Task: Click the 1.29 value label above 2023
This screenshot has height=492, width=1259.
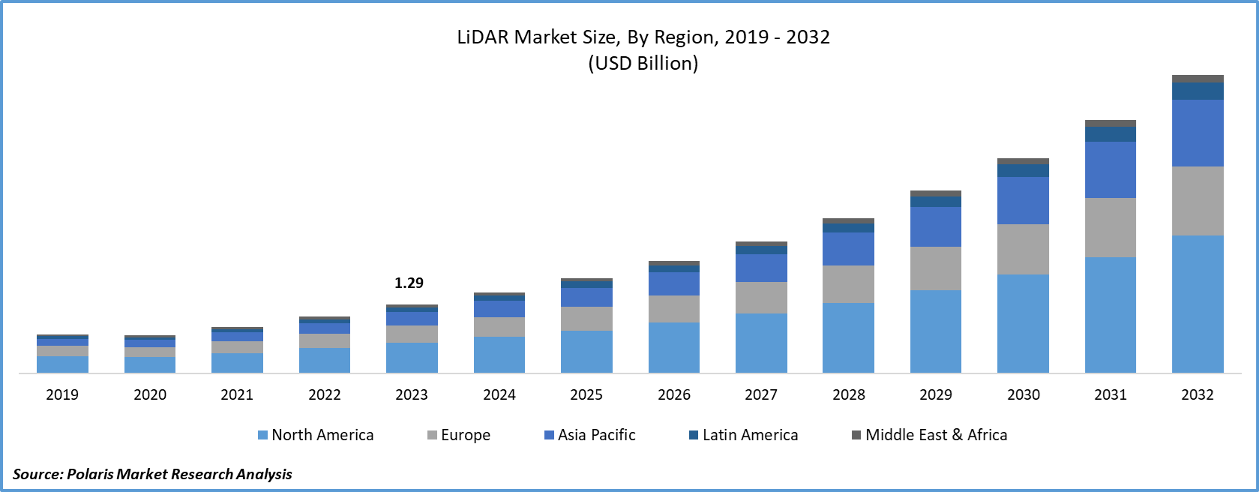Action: (409, 283)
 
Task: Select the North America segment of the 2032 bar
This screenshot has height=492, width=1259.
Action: (1198, 304)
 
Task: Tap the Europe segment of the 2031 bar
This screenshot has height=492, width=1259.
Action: (1110, 227)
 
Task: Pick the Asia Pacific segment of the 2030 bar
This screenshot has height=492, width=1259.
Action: (1023, 200)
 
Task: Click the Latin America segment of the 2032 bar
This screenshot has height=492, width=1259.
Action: (1198, 91)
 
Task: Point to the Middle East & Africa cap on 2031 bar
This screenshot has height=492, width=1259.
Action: (1110, 123)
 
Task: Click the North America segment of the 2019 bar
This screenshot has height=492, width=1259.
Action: (62, 364)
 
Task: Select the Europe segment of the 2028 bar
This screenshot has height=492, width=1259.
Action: (848, 283)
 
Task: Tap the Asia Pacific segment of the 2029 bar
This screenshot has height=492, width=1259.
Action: (935, 226)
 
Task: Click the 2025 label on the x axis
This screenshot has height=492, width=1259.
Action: (586, 394)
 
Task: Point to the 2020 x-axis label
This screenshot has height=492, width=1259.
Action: (150, 394)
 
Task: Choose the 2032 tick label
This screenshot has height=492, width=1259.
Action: (1198, 394)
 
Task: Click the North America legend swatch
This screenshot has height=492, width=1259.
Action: (262, 435)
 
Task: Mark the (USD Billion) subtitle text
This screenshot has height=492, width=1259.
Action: (643, 63)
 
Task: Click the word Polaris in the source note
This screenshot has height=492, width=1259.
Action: (90, 474)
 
